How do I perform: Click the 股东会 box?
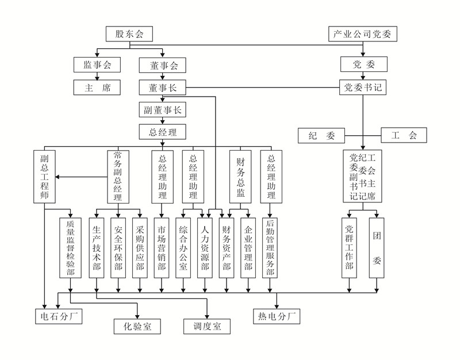tap(129, 34)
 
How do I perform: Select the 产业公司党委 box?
tap(363, 34)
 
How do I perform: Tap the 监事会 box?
tap(97, 66)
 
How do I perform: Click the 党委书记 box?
tap(363, 88)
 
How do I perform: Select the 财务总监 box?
tap(241, 176)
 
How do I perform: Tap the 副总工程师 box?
tap(44, 176)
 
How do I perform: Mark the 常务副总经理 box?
tap(118, 176)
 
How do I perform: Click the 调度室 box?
tap(207, 327)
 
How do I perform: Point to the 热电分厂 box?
tap(277, 316)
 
